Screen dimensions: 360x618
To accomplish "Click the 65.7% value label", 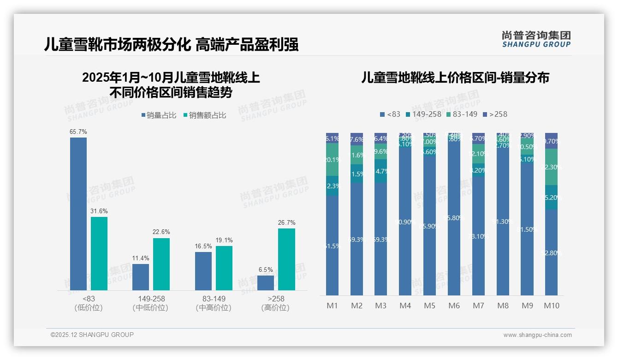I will click(78, 132).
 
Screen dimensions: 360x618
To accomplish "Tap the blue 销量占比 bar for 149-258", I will click(141, 277).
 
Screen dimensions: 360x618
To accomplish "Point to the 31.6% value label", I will click(99, 211).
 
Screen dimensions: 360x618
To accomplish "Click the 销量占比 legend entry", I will click(159, 115).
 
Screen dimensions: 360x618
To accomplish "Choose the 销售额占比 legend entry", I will click(205, 115).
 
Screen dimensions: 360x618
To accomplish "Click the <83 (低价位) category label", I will click(89, 303).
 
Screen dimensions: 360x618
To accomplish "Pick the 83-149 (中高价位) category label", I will click(214, 303).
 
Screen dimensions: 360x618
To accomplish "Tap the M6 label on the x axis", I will click(454, 306).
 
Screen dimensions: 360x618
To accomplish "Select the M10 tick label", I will click(552, 306).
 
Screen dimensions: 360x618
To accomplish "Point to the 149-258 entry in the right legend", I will click(423, 114).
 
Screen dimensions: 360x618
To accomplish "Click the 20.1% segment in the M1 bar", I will click(332, 160).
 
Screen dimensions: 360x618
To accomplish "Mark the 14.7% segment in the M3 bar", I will click(380, 171).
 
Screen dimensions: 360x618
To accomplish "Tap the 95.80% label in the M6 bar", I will click(454, 218).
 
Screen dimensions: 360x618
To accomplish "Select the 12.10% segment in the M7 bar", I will click(478, 154).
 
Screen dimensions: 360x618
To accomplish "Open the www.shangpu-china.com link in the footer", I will click(537, 335).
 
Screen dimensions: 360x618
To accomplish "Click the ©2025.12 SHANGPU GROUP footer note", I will click(92, 335).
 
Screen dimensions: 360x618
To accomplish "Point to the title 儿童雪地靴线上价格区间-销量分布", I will click(455, 78).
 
